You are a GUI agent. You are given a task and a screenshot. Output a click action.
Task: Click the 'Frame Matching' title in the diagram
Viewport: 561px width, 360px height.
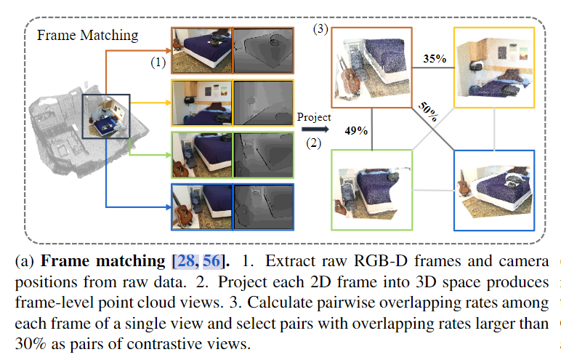pos(87,35)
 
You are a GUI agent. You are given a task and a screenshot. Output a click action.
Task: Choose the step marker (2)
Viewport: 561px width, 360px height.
pos(313,143)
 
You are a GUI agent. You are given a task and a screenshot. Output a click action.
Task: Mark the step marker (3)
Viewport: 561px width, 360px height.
pos(320,30)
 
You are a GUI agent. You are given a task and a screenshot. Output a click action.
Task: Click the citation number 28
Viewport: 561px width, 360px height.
pos(186,260)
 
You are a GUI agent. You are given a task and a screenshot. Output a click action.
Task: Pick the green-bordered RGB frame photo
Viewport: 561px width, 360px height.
pos(202,155)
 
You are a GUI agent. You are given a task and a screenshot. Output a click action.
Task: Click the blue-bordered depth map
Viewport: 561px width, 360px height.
pos(262,207)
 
